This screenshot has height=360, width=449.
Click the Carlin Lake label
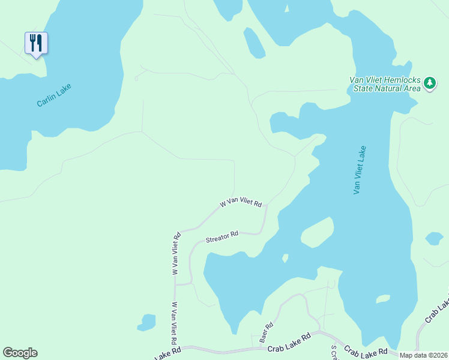[54, 95]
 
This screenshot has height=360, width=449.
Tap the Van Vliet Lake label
[360, 170]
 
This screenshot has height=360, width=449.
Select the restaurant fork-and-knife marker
[36, 43]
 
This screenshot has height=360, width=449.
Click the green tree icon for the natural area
[429, 83]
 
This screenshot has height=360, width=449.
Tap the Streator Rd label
[222, 238]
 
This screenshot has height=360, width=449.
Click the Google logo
[20, 353]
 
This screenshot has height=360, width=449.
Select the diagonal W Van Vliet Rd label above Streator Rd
[241, 204]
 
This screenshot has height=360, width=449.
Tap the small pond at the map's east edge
[434, 239]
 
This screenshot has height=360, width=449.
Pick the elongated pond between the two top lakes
[254, 43]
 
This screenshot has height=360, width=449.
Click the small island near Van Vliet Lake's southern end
[382, 299]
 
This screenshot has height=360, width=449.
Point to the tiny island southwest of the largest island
[285, 259]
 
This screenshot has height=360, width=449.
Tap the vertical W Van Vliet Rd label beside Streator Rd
[177, 254]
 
